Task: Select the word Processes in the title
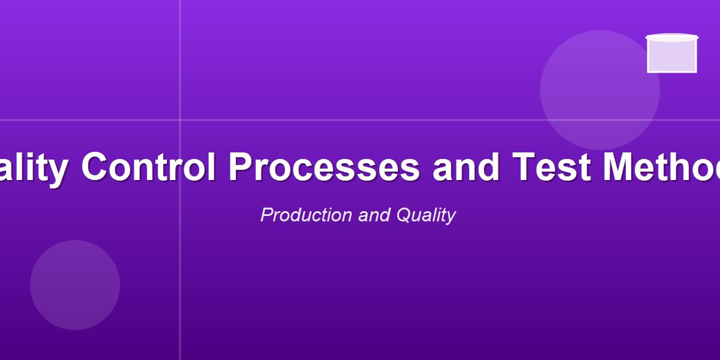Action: pyautogui.click(x=324, y=167)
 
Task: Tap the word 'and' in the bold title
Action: pyautogui.click(x=466, y=167)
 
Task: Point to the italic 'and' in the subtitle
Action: pyautogui.click(x=374, y=215)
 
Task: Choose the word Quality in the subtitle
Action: pyautogui.click(x=426, y=215)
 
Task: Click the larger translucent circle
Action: pyautogui.click(x=600, y=90)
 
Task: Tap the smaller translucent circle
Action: pyautogui.click(x=75, y=285)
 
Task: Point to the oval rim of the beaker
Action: pyautogui.click(x=672, y=38)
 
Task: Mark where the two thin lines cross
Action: pyautogui.click(x=180, y=120)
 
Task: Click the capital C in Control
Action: pyautogui.click(x=94, y=167)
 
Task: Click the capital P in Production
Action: pyautogui.click(x=266, y=215)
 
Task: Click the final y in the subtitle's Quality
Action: pyautogui.click(x=451, y=217)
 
